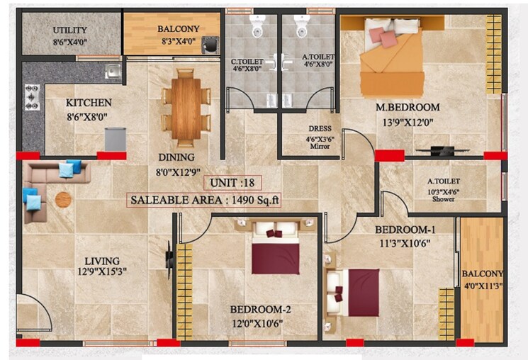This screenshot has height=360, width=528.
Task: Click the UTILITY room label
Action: (x=70, y=30)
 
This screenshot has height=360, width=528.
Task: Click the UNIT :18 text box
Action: (x=232, y=183)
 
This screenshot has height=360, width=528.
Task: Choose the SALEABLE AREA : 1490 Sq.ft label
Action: (x=204, y=200)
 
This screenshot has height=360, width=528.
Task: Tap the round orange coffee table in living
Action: (x=64, y=199)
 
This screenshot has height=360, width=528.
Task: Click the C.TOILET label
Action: (x=247, y=62)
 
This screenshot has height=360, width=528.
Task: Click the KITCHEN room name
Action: (x=89, y=103)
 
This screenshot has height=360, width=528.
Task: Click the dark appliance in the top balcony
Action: (x=208, y=45)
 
